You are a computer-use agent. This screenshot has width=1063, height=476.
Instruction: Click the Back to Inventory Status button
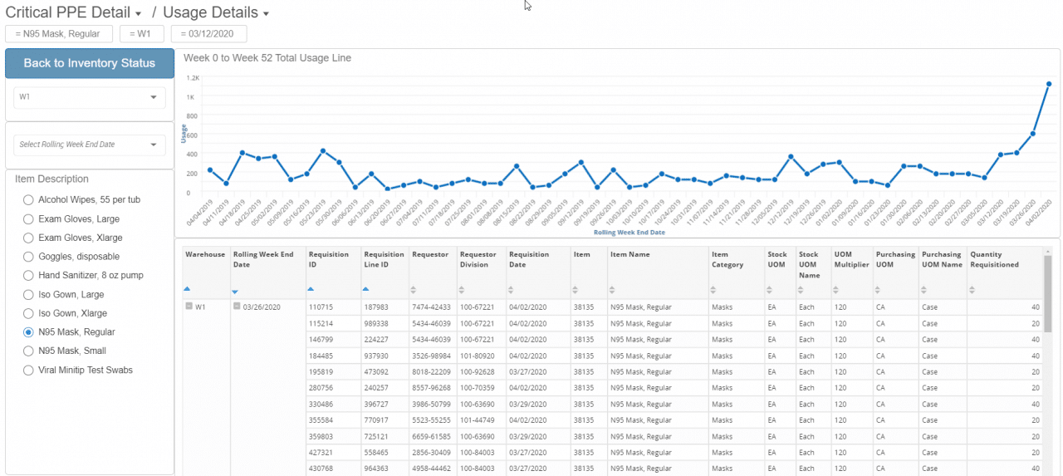(90, 63)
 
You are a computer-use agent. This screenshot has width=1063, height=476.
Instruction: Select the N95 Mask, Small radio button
(29, 351)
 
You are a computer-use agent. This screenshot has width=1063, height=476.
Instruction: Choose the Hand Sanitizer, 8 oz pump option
(29, 275)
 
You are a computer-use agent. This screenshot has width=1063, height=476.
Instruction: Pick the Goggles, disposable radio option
(29, 257)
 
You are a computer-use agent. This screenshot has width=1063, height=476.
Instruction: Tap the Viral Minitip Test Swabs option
(29, 370)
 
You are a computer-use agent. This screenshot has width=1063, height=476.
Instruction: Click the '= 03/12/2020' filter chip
(208, 34)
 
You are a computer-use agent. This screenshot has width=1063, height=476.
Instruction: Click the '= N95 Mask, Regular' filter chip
(58, 34)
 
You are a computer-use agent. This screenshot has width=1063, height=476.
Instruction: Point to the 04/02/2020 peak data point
(1049, 84)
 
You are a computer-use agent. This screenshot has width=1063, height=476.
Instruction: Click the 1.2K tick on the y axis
(193, 78)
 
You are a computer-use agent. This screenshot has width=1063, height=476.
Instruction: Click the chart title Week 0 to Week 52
(267, 58)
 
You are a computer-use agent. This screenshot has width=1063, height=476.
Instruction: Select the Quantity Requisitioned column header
(994, 259)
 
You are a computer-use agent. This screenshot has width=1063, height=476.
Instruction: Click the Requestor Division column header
(479, 259)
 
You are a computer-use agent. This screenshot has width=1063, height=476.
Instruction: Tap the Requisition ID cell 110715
(321, 307)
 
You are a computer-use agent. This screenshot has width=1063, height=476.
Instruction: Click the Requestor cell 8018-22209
(432, 371)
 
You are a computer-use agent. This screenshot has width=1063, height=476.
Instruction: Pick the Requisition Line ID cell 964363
(375, 469)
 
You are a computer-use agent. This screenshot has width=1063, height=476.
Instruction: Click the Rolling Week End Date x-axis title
(629, 233)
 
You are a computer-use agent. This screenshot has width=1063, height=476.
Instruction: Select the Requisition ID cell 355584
(321, 420)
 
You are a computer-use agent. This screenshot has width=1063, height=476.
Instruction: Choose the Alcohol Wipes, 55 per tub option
(29, 199)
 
